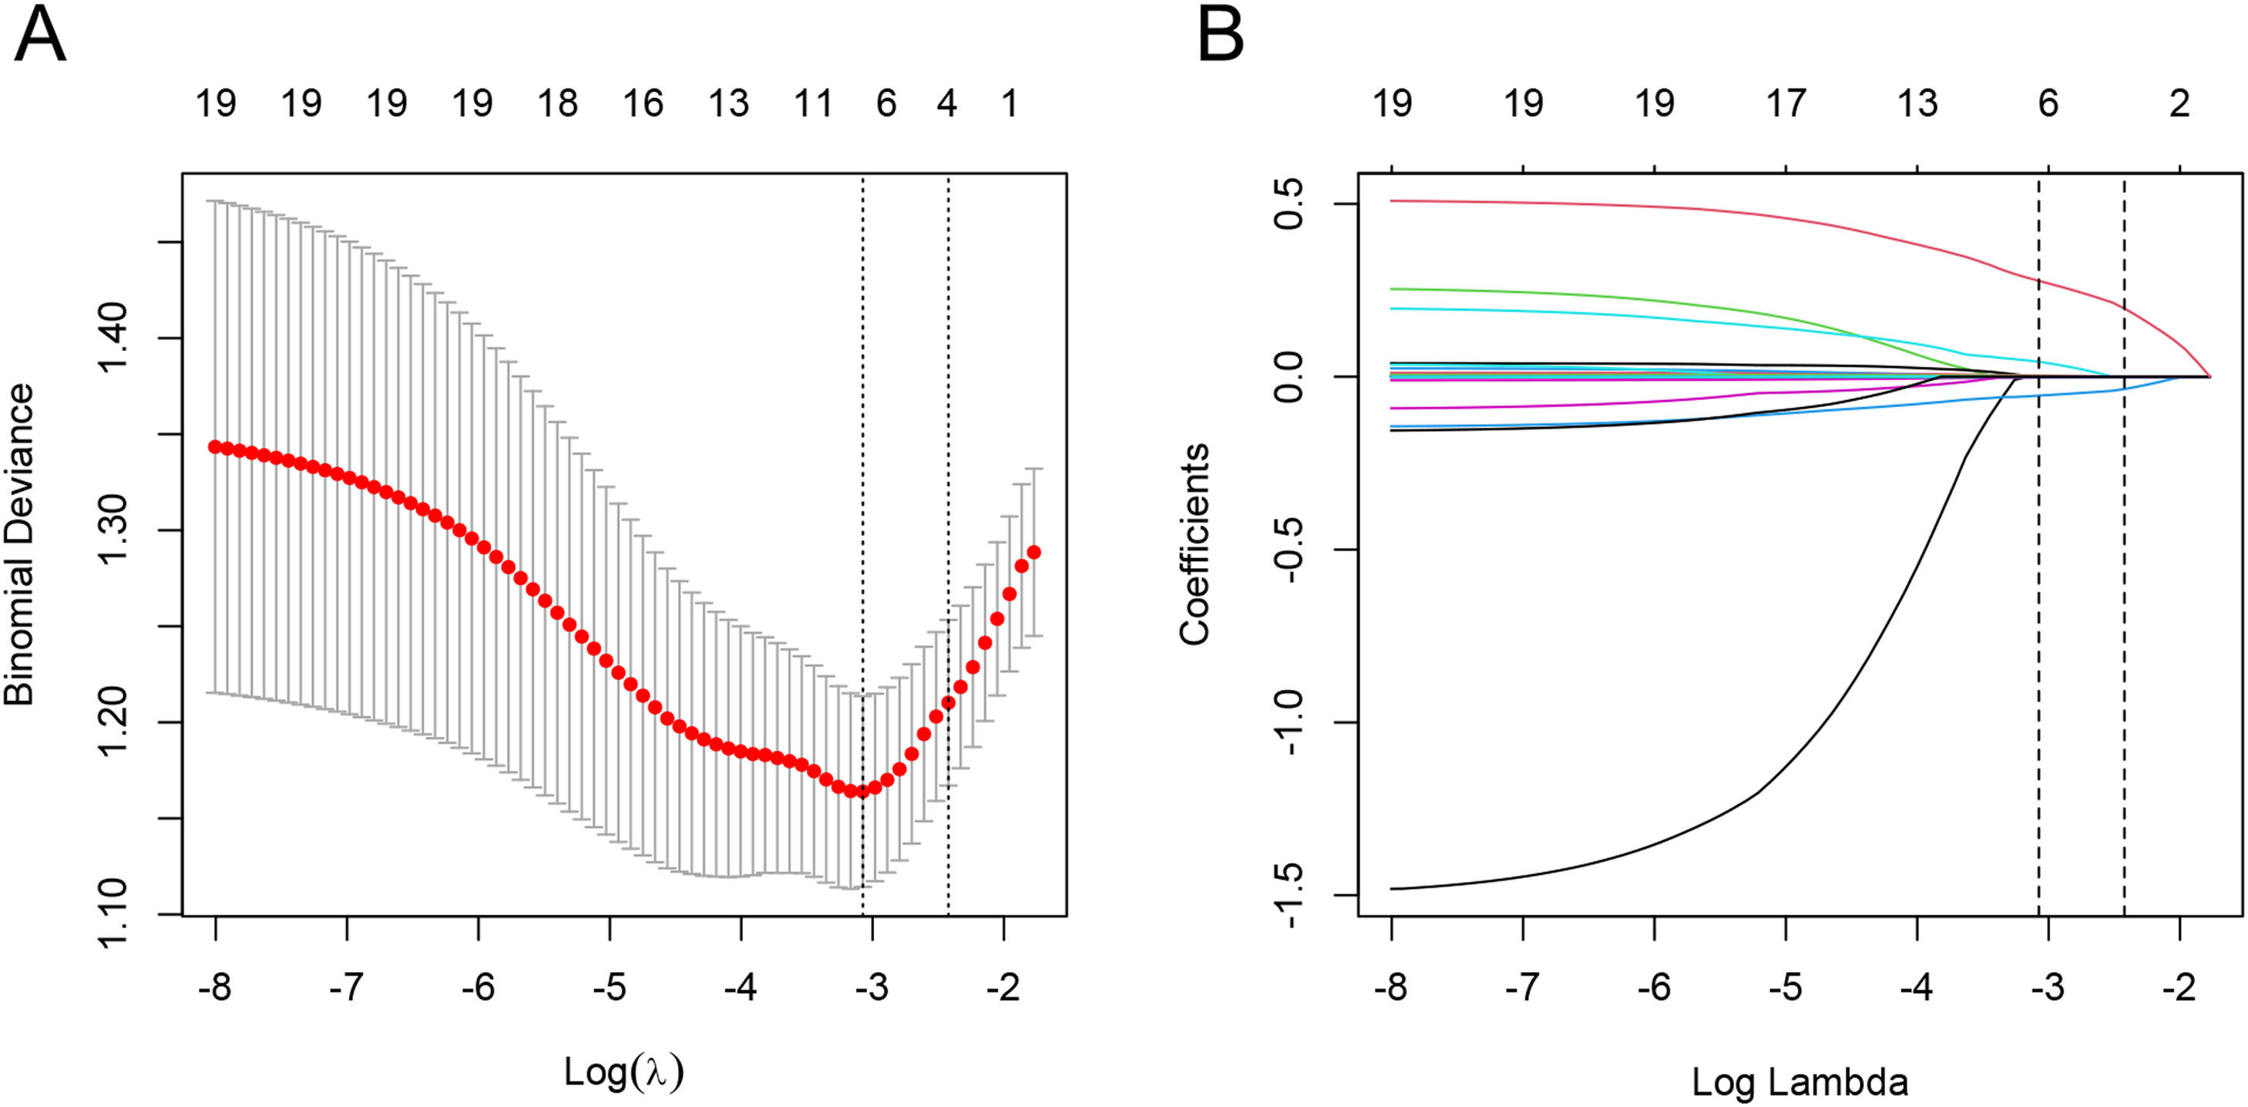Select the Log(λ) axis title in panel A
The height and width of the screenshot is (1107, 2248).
tap(623, 1072)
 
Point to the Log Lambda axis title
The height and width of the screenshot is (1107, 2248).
tap(1799, 1082)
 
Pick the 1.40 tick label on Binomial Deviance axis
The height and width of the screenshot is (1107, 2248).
tap(113, 338)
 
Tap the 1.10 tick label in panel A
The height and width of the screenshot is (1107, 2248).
tap(113, 914)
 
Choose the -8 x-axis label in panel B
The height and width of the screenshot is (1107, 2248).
tap(1391, 988)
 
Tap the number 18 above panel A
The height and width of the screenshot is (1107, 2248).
tap(558, 104)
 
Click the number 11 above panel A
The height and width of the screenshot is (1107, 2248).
tap(813, 104)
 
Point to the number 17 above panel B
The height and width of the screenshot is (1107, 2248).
tap(1786, 104)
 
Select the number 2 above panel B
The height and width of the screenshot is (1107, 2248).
tap(2180, 104)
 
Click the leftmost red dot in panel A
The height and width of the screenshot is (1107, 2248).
tap(215, 447)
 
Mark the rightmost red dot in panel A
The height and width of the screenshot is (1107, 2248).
tap(1034, 553)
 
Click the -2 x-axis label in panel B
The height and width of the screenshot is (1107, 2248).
tap(2179, 988)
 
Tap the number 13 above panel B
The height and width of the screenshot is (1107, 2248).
tap(1917, 104)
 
